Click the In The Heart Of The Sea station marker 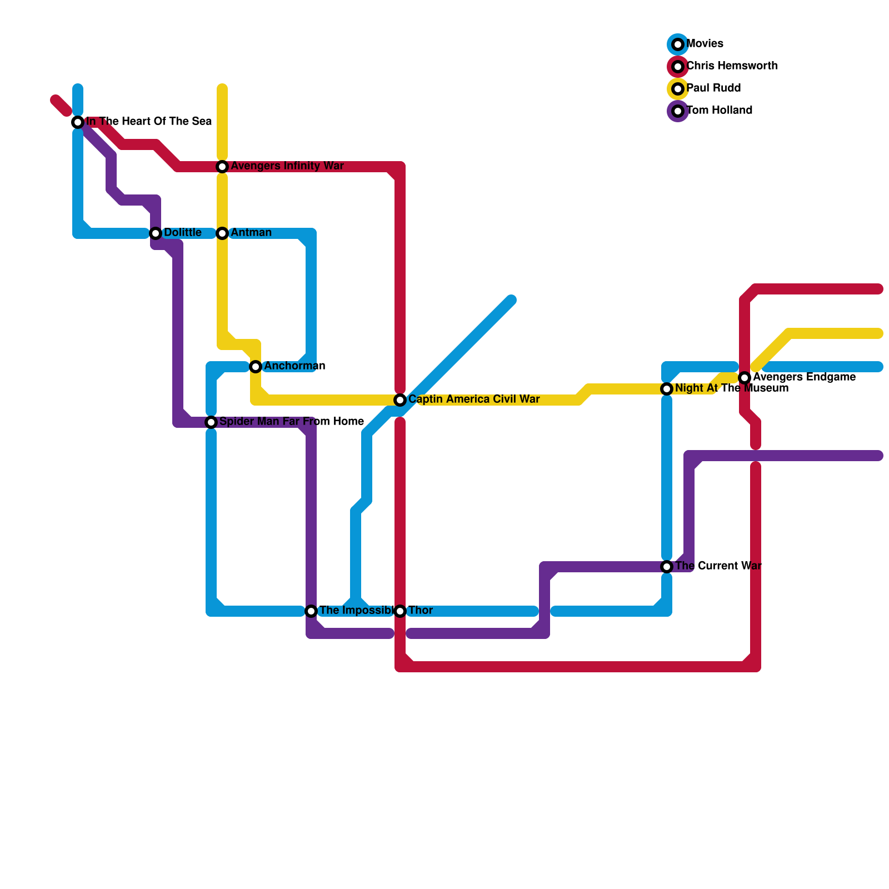tap(78, 122)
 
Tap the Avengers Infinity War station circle tap(222, 167)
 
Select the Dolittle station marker tap(156, 233)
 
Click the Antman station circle tap(222, 233)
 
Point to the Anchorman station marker tap(256, 367)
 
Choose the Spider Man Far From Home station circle tap(211, 422)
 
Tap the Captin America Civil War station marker tap(400, 400)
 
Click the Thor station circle tap(400, 611)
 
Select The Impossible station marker tap(311, 611)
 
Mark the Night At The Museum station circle tap(667, 389)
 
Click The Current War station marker tap(667, 567)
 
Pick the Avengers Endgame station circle tap(745, 378)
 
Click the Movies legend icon tap(678, 44)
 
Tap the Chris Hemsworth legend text tap(732, 66)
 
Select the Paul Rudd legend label tap(713, 88)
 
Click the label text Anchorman tap(294, 366)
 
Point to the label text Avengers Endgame tap(804, 377)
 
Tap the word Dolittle tap(183, 233)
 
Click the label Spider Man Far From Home tap(292, 422)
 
